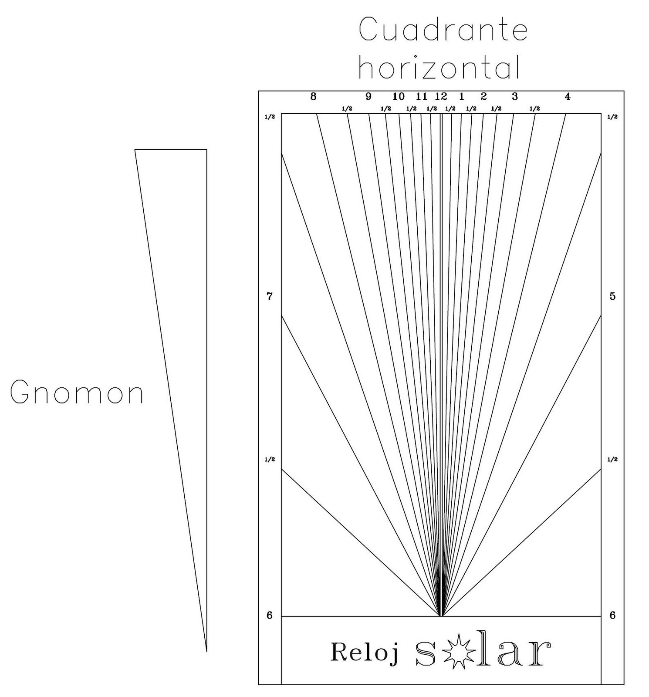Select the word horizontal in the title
tap(439, 68)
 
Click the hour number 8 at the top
tap(313, 97)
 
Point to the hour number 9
tap(368, 97)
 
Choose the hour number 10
tap(398, 97)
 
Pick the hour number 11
tap(421, 97)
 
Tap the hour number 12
tap(441, 97)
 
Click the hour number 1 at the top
tap(462, 97)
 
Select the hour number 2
tap(483, 97)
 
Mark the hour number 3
tap(514, 97)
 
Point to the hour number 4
tap(567, 97)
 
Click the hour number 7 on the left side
tap(270, 297)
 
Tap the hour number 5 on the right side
tap(612, 297)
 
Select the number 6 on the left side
tap(270, 615)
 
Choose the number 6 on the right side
tap(612, 615)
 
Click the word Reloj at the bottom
tap(364, 653)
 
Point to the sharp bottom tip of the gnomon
tap(206, 651)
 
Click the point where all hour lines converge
tap(441, 616)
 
